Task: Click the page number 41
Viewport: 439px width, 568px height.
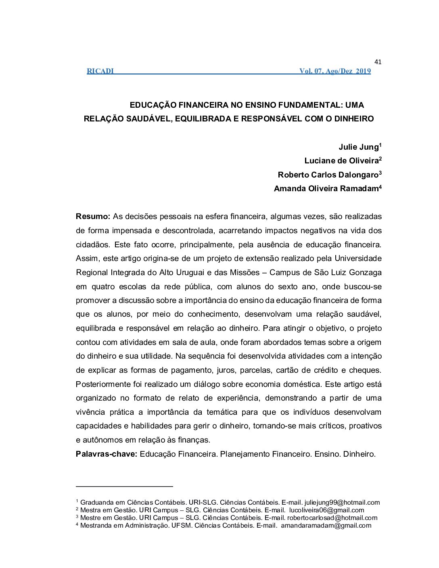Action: tap(378, 62)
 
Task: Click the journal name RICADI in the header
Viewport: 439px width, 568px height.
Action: tap(100, 71)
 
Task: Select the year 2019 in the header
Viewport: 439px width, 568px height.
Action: tap(363, 71)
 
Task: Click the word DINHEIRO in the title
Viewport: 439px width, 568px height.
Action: tap(354, 119)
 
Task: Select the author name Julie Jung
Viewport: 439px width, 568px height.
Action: tap(358, 147)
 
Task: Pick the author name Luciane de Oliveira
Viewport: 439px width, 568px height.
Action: tap(341, 161)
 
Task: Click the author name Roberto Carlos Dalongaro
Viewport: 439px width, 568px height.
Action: tap(328, 175)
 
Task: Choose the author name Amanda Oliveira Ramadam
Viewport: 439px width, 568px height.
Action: tap(326, 189)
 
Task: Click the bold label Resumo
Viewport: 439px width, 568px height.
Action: tap(93, 217)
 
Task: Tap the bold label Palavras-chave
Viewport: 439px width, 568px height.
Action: tap(107, 454)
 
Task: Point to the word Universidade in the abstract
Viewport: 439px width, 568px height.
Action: tap(358, 259)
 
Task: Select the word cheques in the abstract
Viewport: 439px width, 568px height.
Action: tap(366, 370)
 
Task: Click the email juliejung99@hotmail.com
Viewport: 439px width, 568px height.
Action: tap(342, 503)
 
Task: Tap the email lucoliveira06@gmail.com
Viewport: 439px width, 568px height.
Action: tap(326, 510)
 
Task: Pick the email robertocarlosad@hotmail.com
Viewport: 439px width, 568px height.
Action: tap(332, 518)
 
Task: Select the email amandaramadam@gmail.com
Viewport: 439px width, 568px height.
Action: tap(326, 526)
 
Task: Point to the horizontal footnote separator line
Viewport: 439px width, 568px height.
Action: tap(124, 487)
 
